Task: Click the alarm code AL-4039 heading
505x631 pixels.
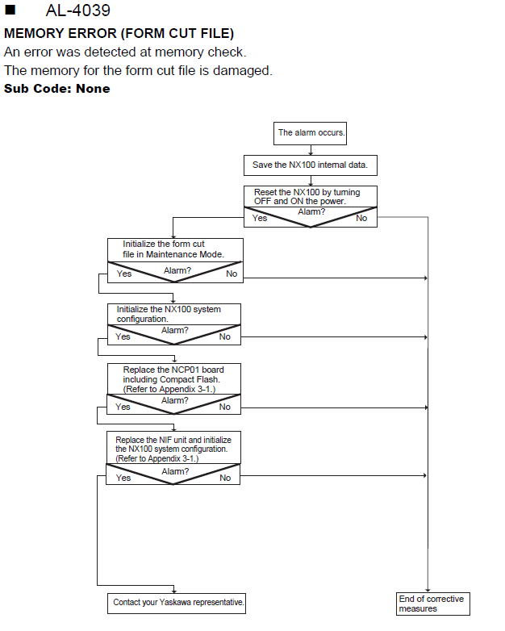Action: click(77, 10)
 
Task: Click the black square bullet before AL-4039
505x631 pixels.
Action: click(10, 10)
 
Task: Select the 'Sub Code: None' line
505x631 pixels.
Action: click(56, 89)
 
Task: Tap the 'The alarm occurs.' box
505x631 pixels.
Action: click(310, 133)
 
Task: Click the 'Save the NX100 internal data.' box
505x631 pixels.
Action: click(311, 165)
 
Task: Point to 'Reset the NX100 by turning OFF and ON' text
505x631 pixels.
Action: click(307, 196)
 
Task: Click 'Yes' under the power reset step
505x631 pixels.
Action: click(260, 218)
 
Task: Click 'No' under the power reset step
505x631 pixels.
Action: click(361, 218)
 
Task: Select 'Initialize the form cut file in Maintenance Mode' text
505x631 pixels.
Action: click(173, 249)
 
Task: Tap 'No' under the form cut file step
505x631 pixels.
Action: click(232, 274)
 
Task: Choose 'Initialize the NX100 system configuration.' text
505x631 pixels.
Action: click(169, 314)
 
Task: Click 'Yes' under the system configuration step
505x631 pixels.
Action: click(123, 336)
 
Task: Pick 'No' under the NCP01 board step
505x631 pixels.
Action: click(224, 407)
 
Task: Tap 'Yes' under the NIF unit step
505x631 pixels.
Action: click(123, 478)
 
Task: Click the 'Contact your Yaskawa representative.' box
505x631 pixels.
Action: click(177, 604)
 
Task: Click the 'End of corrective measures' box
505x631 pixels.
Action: click(433, 604)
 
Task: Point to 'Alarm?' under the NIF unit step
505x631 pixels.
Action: click(175, 471)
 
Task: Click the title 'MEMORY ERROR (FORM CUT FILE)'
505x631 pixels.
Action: click(119, 33)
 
